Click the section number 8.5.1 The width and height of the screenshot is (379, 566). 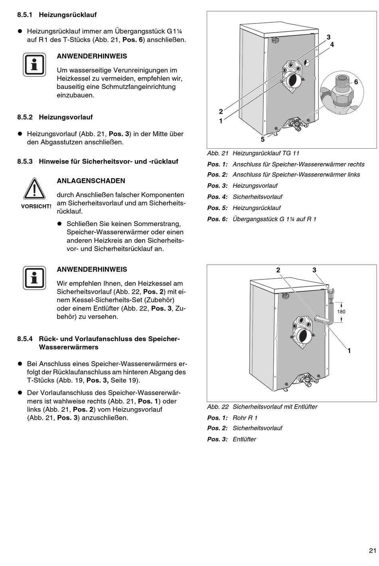pyautogui.click(x=25, y=15)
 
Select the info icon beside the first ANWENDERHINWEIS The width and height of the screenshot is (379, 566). pyautogui.click(x=35, y=65)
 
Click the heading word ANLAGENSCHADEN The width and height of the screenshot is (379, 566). pyautogui.click(x=91, y=181)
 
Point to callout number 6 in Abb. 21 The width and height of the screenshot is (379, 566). pyautogui.click(x=356, y=82)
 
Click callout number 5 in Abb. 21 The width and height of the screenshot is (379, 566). pyautogui.click(x=263, y=139)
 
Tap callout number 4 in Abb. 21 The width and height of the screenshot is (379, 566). pyautogui.click(x=332, y=45)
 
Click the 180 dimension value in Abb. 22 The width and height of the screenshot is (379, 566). pyautogui.click(x=341, y=312)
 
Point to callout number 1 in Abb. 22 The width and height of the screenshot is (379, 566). pyautogui.click(x=349, y=351)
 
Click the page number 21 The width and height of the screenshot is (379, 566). pyautogui.click(x=372, y=550)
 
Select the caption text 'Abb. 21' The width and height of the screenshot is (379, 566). pyautogui.click(x=217, y=153)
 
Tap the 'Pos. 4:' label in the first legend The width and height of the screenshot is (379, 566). pyautogui.click(x=217, y=197)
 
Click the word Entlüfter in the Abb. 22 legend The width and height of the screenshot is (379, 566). pyautogui.click(x=244, y=439)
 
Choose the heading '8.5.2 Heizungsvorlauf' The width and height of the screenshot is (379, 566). pyautogui.click(x=55, y=117)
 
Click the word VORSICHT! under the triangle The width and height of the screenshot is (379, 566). pyautogui.click(x=36, y=206)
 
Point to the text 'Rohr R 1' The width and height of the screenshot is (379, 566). pyautogui.click(x=245, y=418)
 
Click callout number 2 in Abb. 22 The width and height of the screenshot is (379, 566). pyautogui.click(x=278, y=270)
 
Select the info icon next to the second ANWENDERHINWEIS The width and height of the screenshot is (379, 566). pyautogui.click(x=35, y=277)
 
